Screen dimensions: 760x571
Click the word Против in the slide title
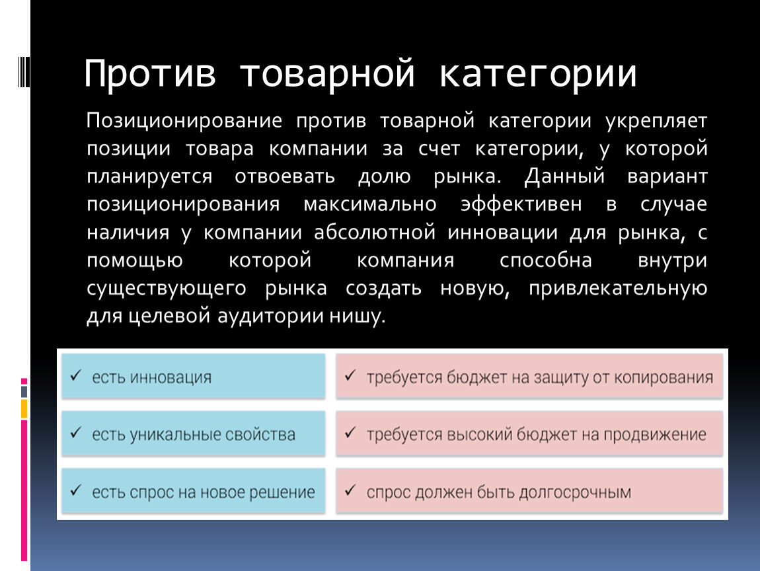[x=150, y=73]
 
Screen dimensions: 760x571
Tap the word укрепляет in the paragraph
[x=656, y=121]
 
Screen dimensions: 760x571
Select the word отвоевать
[x=285, y=176]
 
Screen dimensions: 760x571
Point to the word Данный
[x=564, y=176]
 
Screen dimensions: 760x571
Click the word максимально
[x=370, y=204]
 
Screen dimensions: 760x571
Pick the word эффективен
[x=521, y=204]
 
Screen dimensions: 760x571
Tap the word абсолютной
[x=375, y=232]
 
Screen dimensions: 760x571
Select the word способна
[x=546, y=260]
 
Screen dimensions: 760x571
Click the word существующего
[x=167, y=289]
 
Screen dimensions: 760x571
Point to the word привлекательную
[x=618, y=289]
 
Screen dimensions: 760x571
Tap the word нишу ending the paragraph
[x=358, y=316]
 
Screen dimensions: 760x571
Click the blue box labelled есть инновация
[x=194, y=376]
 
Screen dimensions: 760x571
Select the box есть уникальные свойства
[x=194, y=434]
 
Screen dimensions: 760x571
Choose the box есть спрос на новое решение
[x=194, y=490]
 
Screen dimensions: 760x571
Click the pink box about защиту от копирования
[x=529, y=376]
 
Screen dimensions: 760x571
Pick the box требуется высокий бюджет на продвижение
[x=529, y=434]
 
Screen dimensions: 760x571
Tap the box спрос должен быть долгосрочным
[x=529, y=490]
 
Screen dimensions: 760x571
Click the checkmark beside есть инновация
[x=75, y=375]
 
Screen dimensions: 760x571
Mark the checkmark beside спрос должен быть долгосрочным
[x=350, y=490]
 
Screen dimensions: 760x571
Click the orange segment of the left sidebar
[x=24, y=408]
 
